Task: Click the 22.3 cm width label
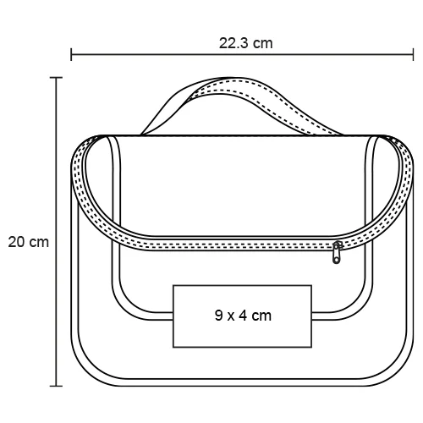point(246,43)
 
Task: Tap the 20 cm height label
point(28,242)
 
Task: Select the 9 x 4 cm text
point(243,316)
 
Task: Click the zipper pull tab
point(337,252)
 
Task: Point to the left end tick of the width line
point(71,54)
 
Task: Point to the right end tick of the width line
point(413,54)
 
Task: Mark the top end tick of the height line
point(56,77)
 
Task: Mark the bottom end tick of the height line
point(56,386)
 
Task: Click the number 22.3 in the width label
point(233,43)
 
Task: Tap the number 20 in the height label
point(17,242)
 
